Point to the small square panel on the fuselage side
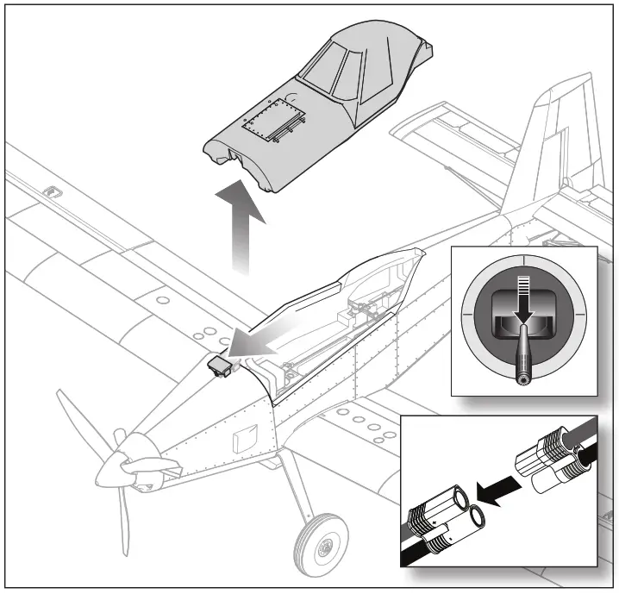pos(246,435)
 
